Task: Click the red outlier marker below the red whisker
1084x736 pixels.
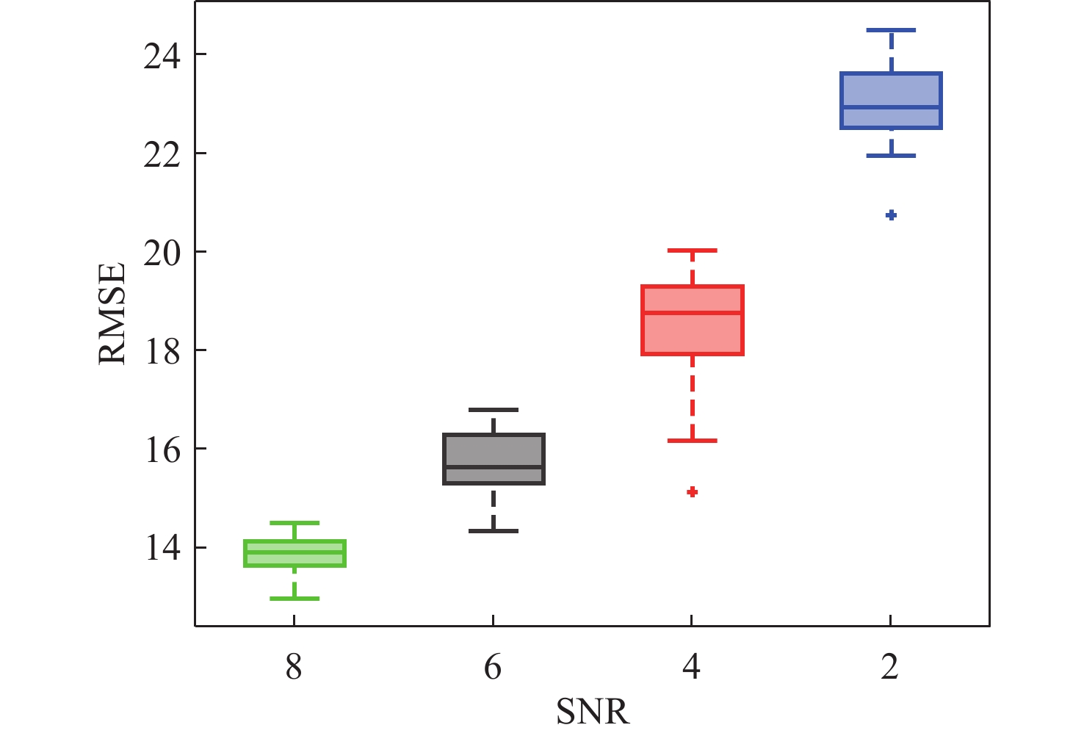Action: [x=692, y=491]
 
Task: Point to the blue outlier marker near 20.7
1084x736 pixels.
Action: [x=891, y=214]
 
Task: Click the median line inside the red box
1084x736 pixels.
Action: [x=693, y=312]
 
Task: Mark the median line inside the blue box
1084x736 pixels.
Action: [x=891, y=107]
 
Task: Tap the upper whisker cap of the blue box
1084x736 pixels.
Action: [x=891, y=30]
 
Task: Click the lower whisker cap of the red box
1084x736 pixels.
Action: [x=692, y=440]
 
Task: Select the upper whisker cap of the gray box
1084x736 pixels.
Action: [x=493, y=409]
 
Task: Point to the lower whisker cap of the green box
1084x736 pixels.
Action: [x=295, y=598]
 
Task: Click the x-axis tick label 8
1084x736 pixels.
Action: [x=294, y=668]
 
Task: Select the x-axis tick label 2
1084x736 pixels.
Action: [x=890, y=668]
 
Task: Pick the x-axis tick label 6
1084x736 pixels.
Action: [x=493, y=668]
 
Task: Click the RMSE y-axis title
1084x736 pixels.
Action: [x=112, y=314]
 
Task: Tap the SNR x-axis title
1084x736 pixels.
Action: [x=593, y=712]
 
